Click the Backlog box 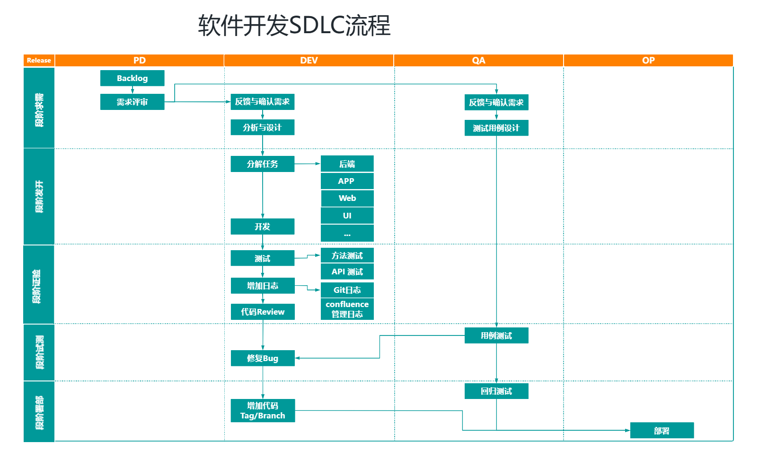pyautogui.click(x=132, y=78)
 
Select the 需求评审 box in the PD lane pyautogui.click(x=132, y=102)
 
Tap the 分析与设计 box pyautogui.click(x=262, y=127)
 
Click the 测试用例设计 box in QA pyautogui.click(x=496, y=128)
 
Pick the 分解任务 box pyautogui.click(x=262, y=164)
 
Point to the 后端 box pyautogui.click(x=347, y=164)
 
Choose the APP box pyautogui.click(x=347, y=181)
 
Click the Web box pyautogui.click(x=347, y=198)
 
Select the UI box pyautogui.click(x=347, y=216)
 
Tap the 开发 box pyautogui.click(x=262, y=226)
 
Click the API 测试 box pyautogui.click(x=347, y=272)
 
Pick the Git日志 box pyautogui.click(x=347, y=290)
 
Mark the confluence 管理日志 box pyautogui.click(x=347, y=309)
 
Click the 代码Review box pyautogui.click(x=262, y=312)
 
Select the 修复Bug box pyautogui.click(x=262, y=358)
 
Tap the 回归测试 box pyautogui.click(x=496, y=391)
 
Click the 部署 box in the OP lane pyautogui.click(x=662, y=431)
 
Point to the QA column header pyautogui.click(x=478, y=60)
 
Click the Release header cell pyautogui.click(x=39, y=60)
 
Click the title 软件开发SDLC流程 pyautogui.click(x=294, y=25)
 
